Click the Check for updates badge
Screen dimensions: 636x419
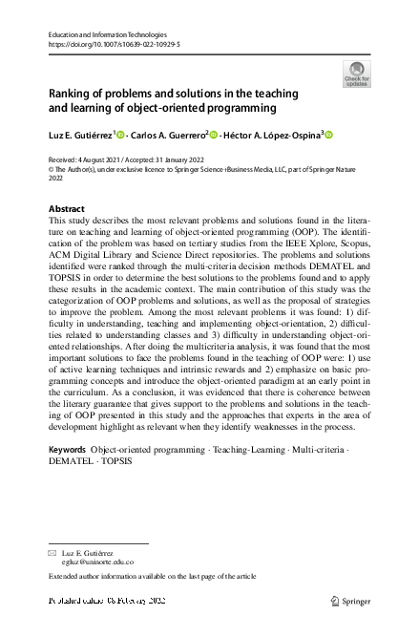356,74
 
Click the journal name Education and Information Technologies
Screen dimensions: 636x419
100,33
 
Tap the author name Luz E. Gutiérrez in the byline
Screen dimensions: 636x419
80,136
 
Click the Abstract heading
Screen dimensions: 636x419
66,208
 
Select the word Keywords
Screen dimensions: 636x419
68,448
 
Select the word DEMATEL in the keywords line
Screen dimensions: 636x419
69,460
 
